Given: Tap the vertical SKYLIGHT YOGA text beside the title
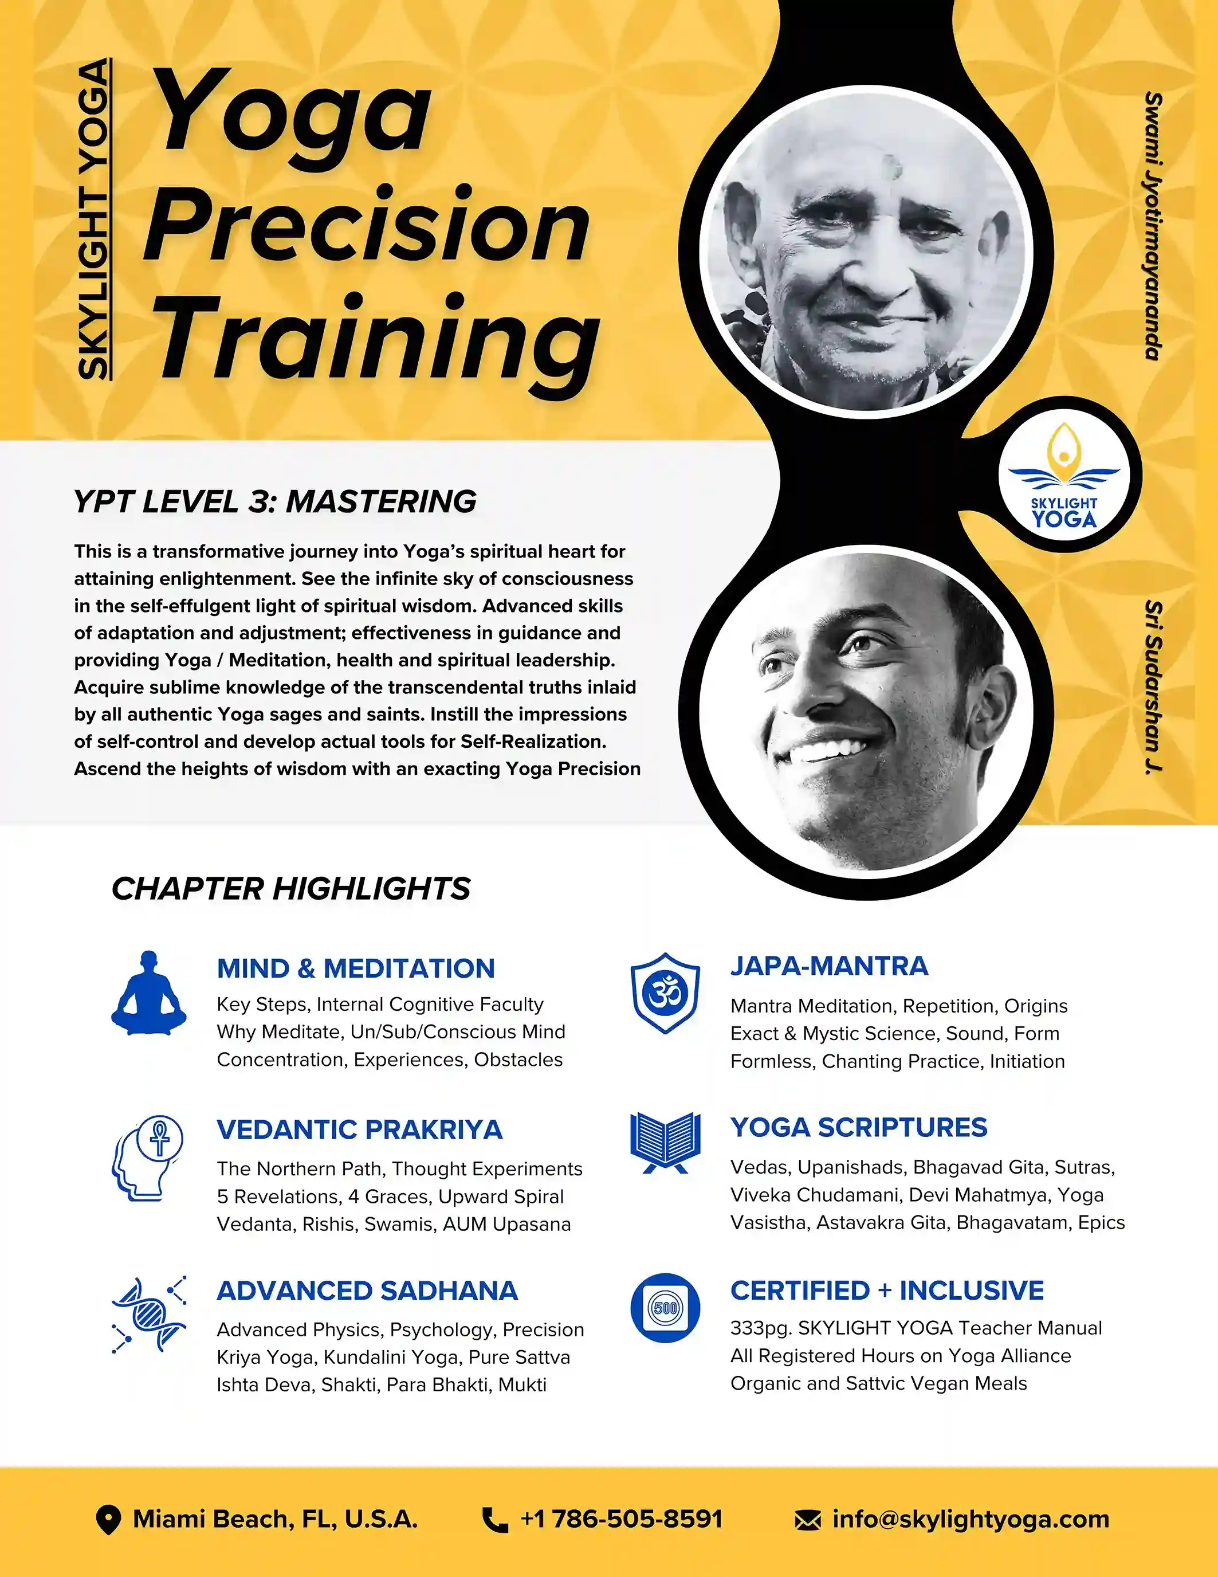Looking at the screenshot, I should pos(94,219).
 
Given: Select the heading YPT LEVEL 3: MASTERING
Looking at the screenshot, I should pos(275,501).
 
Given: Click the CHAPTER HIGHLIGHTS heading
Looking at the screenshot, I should pos(291,888).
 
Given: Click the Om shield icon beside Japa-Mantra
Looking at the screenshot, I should pos(665,993).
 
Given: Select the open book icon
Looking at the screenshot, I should pos(665,1142).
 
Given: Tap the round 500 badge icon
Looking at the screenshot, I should pos(665,1308).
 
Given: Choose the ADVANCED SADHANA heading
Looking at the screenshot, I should pos(367,1290).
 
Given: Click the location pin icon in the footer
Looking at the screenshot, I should pos(108,1519).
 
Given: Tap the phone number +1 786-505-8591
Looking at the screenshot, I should pos(621,1519).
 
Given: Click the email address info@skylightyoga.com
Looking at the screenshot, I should pos(971,1519).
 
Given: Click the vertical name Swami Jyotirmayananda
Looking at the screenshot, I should pos(1153,225).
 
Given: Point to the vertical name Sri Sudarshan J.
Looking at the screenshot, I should pos(1153,688).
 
